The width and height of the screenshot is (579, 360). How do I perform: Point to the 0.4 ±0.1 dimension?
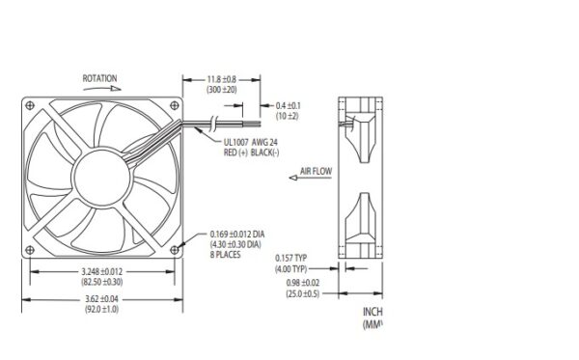(x=289, y=104)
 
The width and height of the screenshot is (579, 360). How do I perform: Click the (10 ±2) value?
(x=289, y=115)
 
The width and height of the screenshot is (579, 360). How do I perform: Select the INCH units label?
(x=372, y=312)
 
